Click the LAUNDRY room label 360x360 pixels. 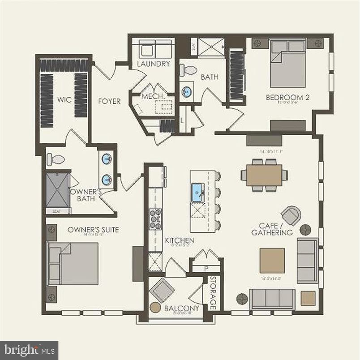coord(154,64)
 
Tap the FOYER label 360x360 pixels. coord(109,102)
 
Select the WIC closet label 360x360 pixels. coord(61,99)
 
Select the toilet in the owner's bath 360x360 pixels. coord(56,159)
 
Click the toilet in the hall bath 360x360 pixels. coord(189,70)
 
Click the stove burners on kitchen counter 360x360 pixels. coord(156,219)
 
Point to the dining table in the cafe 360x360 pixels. coord(264,175)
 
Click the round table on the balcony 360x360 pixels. coord(155,308)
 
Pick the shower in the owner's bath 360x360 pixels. coord(58,190)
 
